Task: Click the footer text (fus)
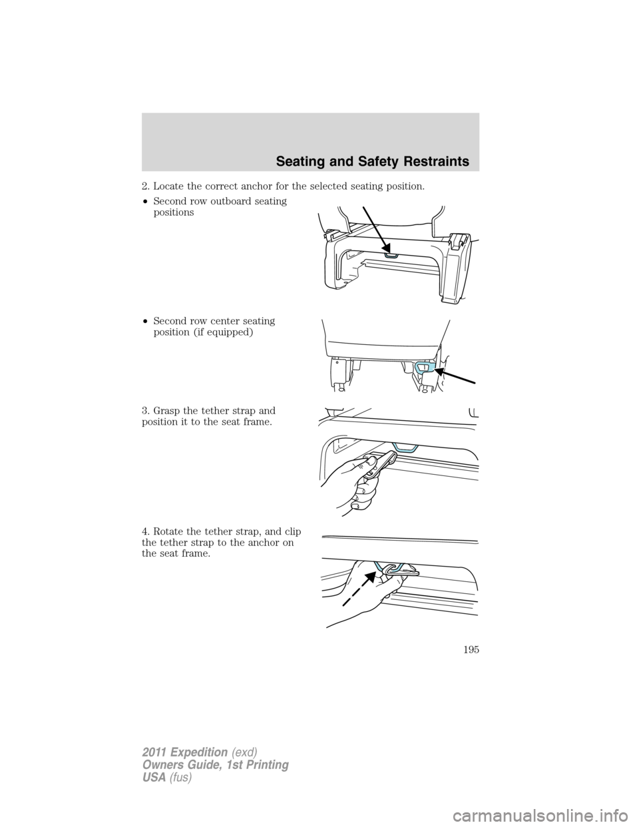[x=180, y=777]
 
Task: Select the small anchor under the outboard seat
[x=392, y=254]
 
